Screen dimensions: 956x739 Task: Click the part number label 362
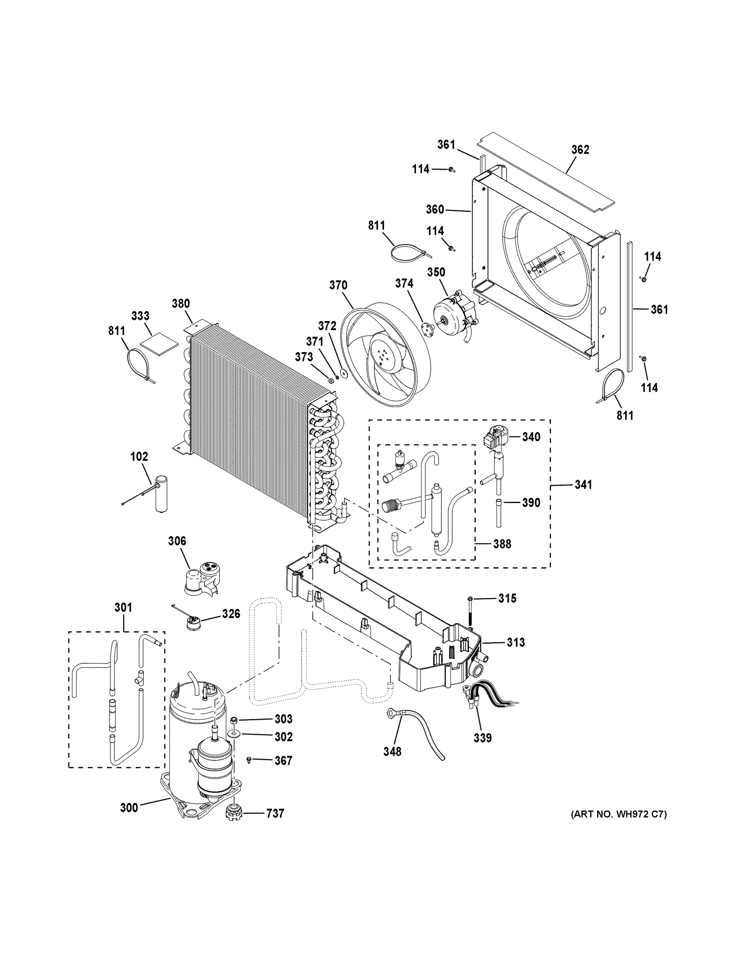click(x=580, y=150)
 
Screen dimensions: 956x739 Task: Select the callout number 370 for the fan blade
click(x=338, y=285)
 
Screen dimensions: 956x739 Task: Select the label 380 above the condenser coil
click(x=180, y=304)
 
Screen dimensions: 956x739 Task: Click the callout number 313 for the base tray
click(x=516, y=643)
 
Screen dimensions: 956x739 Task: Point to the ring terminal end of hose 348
click(x=389, y=714)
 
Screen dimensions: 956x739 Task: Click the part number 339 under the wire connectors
click(x=482, y=738)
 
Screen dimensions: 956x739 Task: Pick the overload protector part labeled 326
click(x=191, y=621)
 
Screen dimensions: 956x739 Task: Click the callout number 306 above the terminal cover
click(x=177, y=541)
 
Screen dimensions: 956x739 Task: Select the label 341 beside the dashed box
click(x=583, y=484)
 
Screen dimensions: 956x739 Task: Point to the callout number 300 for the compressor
click(x=129, y=807)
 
